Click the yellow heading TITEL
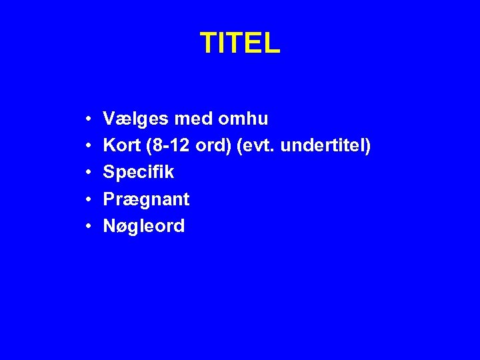click(x=240, y=43)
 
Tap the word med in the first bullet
click(x=191, y=119)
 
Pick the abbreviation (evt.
click(x=253, y=146)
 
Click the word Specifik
click(x=139, y=173)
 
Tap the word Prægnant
click(x=146, y=199)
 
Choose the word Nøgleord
click(x=144, y=226)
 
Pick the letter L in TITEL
click(x=273, y=43)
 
